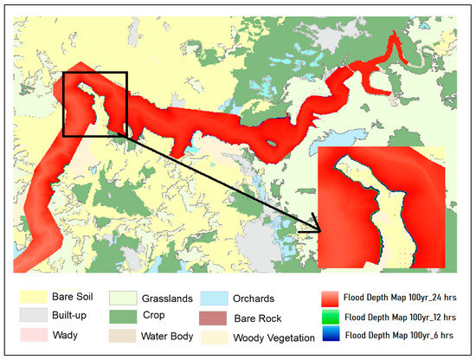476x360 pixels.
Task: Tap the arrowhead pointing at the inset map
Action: point(314,229)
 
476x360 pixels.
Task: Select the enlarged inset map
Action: point(382,208)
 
